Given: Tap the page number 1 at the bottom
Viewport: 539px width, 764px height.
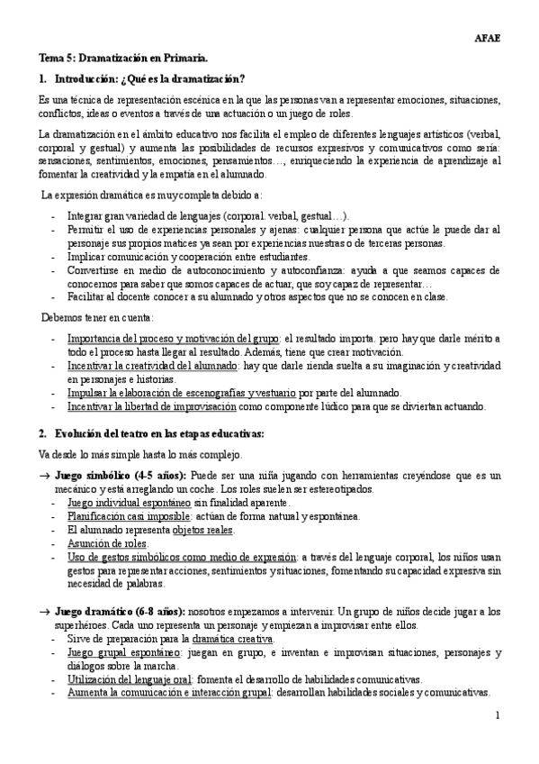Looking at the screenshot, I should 497,714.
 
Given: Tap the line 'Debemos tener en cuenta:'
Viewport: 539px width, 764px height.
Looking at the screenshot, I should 98,317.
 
